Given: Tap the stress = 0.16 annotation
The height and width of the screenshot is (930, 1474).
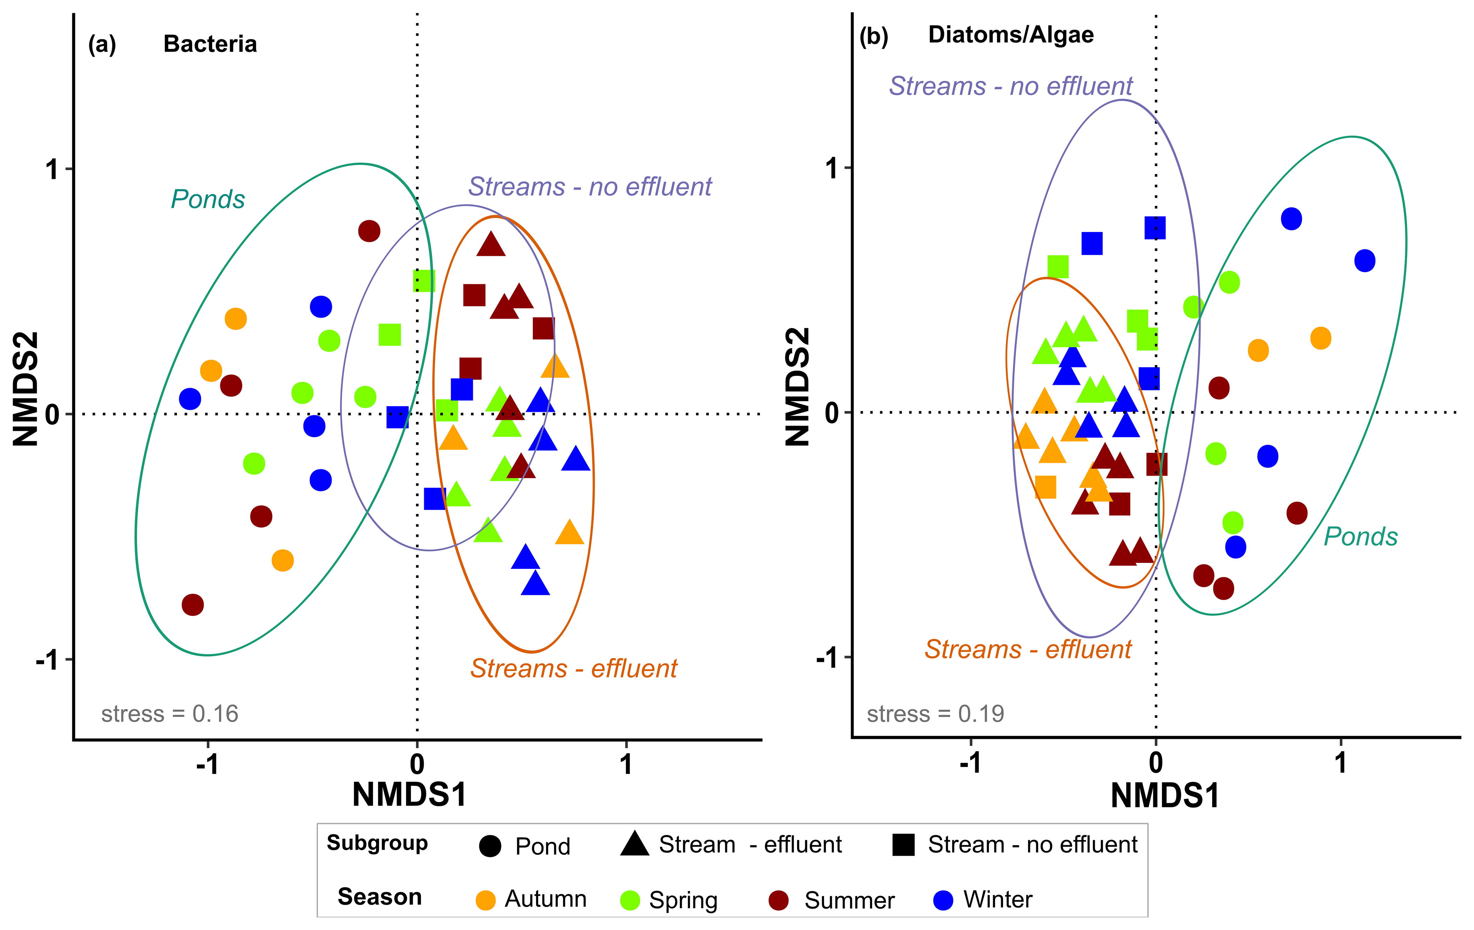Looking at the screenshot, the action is [170, 714].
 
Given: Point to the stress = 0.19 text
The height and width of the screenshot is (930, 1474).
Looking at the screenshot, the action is [935, 714].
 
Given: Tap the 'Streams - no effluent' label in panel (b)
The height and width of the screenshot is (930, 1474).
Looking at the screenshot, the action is [1011, 86].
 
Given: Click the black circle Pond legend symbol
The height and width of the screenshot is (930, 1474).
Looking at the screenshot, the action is [490, 846].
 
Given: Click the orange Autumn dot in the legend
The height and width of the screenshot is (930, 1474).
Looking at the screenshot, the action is [485, 900].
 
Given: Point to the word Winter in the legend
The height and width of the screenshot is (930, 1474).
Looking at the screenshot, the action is [998, 900].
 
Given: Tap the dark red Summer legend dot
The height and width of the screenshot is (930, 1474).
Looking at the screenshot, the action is [779, 900].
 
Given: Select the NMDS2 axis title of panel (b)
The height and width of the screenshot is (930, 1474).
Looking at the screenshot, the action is [797, 387].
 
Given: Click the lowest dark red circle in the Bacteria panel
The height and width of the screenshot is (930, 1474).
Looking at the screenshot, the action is [193, 605].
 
